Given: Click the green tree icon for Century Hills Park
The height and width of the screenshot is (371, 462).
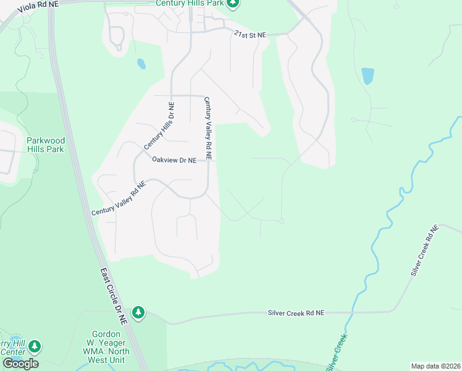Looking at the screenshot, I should (x=233, y=4).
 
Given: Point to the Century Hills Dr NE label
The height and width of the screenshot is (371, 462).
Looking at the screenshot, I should (x=159, y=127).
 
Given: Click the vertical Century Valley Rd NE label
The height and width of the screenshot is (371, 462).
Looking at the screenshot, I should (x=208, y=129).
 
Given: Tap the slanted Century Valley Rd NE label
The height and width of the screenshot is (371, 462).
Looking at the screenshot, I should (x=119, y=198).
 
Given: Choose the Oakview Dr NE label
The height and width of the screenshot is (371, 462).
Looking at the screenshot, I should (x=174, y=160).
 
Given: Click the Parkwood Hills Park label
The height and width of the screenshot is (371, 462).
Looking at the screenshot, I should (x=45, y=145).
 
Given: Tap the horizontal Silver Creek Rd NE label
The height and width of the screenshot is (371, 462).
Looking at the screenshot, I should (x=295, y=313).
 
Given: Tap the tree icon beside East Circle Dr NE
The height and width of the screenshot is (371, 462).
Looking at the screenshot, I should (x=138, y=313).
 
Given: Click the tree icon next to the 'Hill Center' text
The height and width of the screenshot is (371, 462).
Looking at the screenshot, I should (x=35, y=346).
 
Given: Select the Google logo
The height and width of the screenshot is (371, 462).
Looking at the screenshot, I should (x=20, y=363).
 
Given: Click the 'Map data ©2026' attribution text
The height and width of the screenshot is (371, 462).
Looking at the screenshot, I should (x=435, y=366).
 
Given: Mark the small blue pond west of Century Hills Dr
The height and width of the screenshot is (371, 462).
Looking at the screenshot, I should (x=141, y=64).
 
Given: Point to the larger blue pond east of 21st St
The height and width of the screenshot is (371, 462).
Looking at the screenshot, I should (x=367, y=76).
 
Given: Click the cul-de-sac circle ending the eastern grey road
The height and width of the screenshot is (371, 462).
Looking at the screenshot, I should (x=282, y=221).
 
